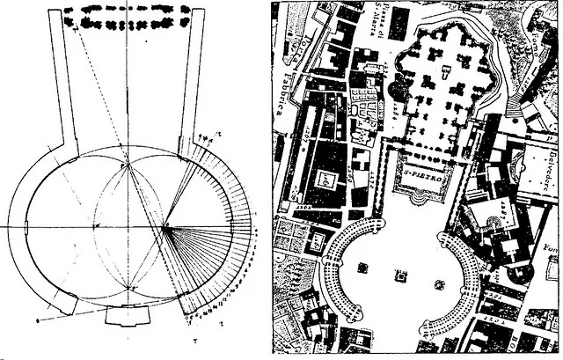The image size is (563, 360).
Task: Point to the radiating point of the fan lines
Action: coord(165,227)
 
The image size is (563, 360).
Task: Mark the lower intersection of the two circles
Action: coord(128,288)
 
